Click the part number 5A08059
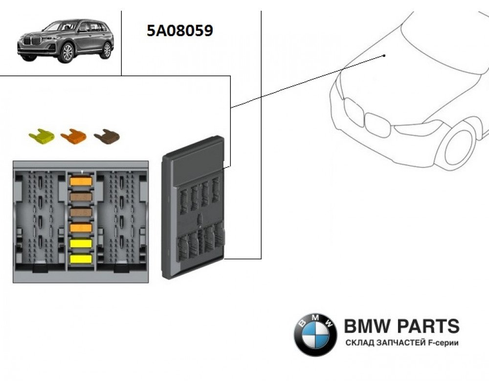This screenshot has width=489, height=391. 179,31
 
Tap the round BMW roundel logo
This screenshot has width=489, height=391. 315,334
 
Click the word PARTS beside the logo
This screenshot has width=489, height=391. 428,326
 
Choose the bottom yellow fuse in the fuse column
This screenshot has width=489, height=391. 81,260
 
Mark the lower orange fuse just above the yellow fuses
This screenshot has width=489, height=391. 81,228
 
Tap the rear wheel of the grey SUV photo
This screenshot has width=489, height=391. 105,50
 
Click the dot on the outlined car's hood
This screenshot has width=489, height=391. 385,56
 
